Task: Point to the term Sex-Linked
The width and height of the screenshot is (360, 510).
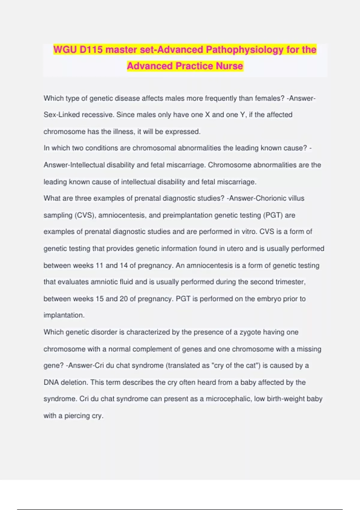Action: [x=61, y=115]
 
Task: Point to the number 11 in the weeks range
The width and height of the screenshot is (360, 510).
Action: [x=99, y=265]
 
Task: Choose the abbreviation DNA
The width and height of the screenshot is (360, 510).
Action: [x=51, y=382]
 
